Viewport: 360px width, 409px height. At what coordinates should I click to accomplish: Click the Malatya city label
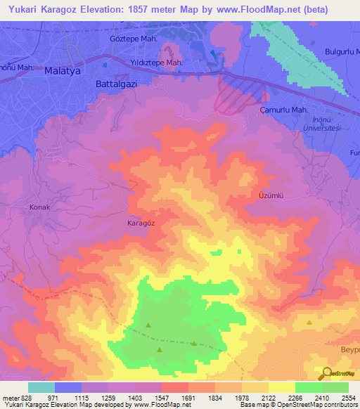tap(64, 71)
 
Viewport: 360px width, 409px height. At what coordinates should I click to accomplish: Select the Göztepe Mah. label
tap(134, 39)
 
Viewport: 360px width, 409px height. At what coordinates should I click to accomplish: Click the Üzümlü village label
tap(271, 197)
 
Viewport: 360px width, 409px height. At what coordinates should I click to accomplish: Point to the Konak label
tap(39, 207)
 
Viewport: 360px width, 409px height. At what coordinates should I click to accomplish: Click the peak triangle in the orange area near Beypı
tap(310, 322)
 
